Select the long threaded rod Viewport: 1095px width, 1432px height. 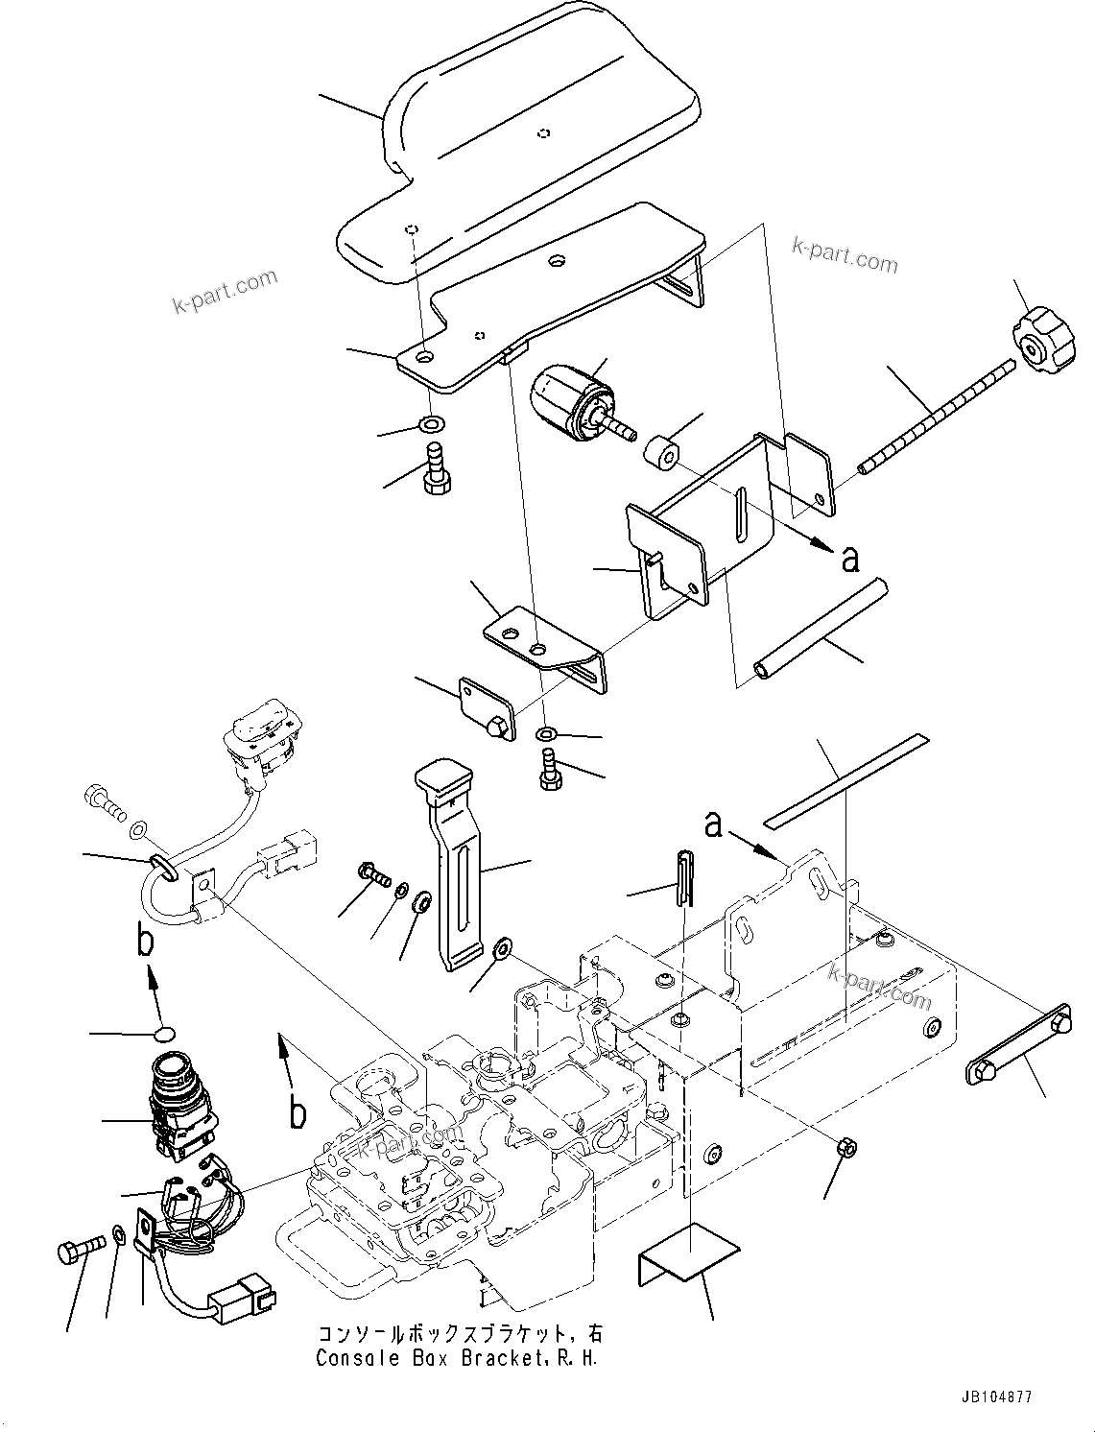936,415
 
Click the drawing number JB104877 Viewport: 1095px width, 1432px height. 993,1398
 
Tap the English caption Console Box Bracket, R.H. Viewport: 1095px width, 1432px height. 461,1358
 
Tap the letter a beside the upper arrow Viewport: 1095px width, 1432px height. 849,559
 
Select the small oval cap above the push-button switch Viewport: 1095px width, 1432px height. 163,1034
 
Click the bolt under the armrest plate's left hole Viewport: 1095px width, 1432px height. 435,468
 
